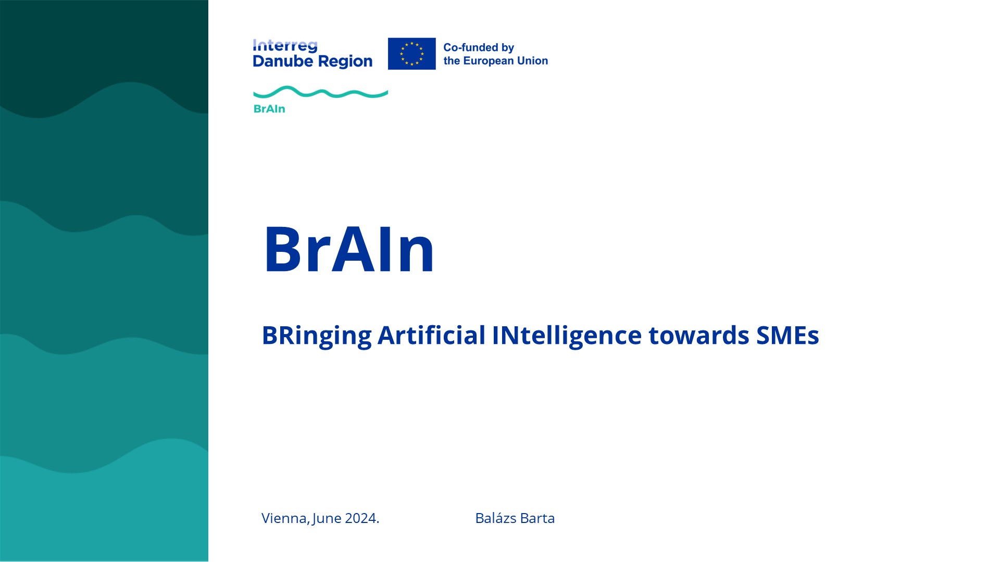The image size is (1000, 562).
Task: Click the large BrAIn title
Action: (x=348, y=249)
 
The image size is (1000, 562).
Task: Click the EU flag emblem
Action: (x=411, y=54)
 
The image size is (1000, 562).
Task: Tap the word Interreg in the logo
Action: (x=285, y=46)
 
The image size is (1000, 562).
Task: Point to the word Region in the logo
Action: (x=345, y=62)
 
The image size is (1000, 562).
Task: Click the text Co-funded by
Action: (x=479, y=47)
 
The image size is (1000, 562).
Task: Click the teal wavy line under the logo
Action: (x=320, y=93)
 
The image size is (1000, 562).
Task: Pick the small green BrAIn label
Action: (x=269, y=109)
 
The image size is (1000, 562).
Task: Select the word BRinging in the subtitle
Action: (x=317, y=336)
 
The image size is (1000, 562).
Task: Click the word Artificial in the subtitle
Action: (x=431, y=335)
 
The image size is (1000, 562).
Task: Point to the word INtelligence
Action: (x=567, y=336)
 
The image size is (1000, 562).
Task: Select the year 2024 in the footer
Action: (x=362, y=518)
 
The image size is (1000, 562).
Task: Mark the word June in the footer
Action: (x=327, y=519)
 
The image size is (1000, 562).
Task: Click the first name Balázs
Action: (x=496, y=518)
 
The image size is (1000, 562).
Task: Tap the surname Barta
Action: (x=537, y=518)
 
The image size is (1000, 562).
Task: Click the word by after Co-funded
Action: (x=508, y=48)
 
